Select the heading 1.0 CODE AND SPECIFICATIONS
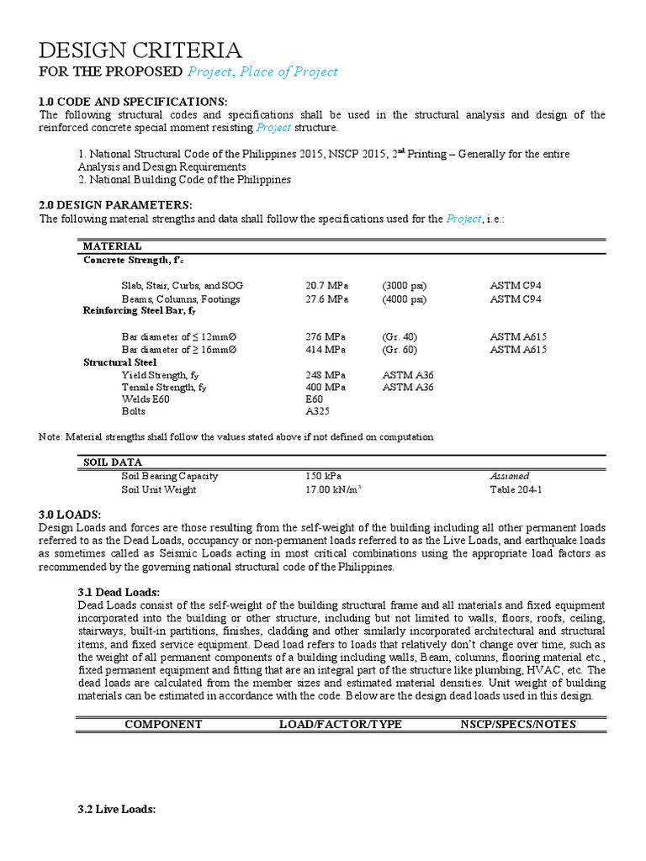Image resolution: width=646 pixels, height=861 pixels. (x=134, y=101)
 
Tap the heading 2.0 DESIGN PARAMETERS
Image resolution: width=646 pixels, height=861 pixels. (x=116, y=205)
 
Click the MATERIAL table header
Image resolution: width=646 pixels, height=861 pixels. (x=112, y=246)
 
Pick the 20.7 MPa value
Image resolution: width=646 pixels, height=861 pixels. (x=326, y=286)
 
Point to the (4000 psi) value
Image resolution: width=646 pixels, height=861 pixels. (x=404, y=298)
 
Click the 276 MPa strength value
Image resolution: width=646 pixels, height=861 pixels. (x=326, y=336)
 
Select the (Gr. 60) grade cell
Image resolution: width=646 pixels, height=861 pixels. (x=399, y=349)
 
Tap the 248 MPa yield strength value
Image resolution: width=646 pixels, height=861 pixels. (x=326, y=374)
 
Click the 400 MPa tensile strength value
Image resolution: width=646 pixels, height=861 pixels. (x=326, y=387)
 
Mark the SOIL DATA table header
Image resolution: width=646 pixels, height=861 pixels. (x=113, y=462)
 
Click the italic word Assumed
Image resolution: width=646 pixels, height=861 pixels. (x=510, y=476)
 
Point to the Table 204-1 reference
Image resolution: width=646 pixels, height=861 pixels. (x=516, y=489)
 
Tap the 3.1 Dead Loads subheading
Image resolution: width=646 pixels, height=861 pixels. (x=118, y=593)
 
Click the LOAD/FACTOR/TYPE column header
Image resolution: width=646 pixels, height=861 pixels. (x=341, y=724)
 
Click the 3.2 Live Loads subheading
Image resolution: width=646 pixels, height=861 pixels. (x=116, y=809)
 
